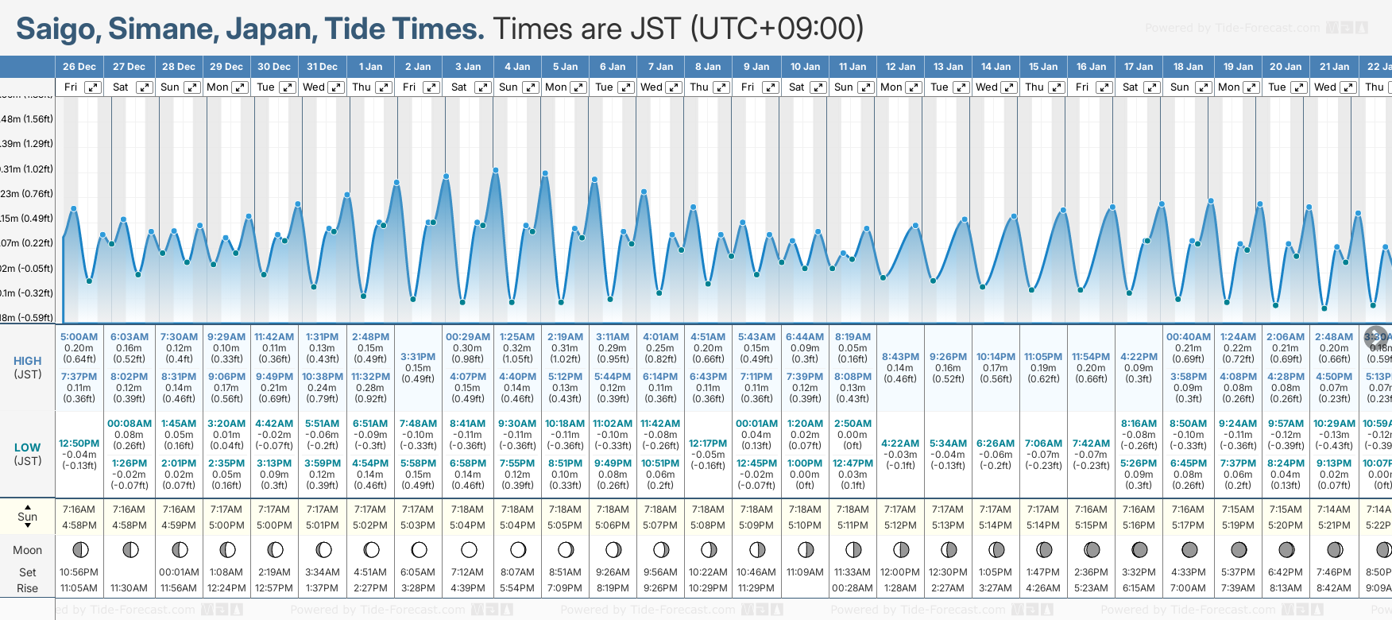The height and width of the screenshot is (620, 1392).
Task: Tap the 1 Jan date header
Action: click(x=370, y=67)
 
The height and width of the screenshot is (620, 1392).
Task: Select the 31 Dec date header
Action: click(x=322, y=67)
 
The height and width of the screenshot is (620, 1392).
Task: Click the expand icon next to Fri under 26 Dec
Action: click(x=93, y=87)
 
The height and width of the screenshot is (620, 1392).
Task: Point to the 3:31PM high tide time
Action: click(x=418, y=357)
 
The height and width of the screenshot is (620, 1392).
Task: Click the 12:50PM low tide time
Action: click(x=79, y=444)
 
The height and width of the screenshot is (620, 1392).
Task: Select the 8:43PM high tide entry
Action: click(x=900, y=357)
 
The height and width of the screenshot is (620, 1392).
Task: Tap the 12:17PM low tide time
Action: click(x=708, y=444)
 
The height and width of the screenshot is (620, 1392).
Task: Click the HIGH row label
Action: click(x=28, y=361)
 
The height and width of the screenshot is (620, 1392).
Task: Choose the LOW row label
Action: click(x=27, y=448)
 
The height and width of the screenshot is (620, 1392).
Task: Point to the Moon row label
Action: click(x=27, y=550)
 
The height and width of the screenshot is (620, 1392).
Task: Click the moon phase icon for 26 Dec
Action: click(x=79, y=549)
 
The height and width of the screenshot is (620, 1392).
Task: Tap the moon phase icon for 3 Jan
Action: click(x=469, y=549)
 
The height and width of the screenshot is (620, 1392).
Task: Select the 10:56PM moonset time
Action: click(x=79, y=572)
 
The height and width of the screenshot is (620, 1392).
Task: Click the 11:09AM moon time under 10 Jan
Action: click(x=805, y=572)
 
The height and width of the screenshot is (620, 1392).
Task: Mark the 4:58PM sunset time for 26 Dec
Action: click(x=79, y=525)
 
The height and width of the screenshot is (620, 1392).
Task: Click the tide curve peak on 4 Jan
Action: click(x=496, y=170)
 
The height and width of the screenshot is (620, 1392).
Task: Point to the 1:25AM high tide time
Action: click(x=517, y=337)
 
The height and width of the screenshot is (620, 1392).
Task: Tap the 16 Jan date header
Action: click(x=1091, y=67)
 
